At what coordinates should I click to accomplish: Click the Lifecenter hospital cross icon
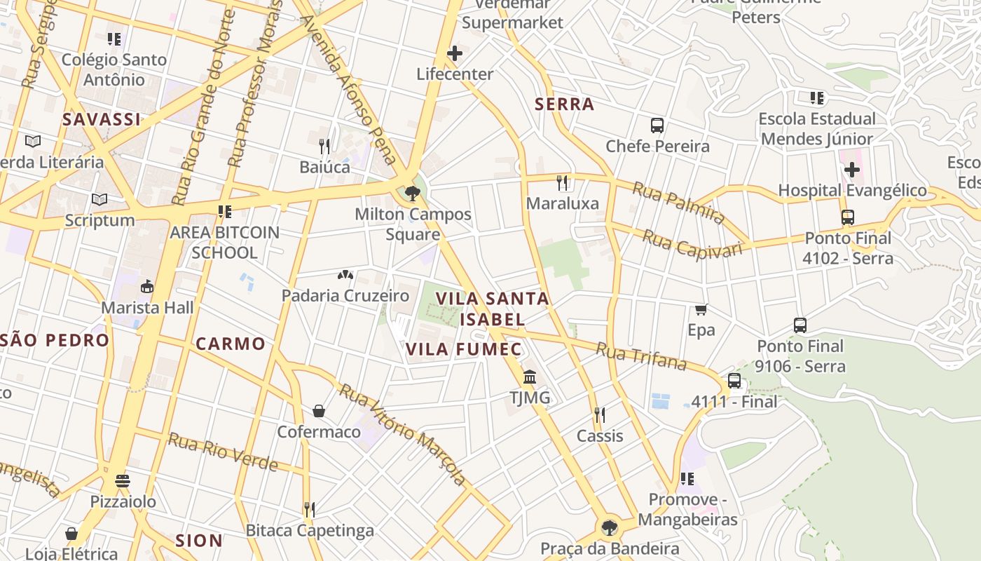pos(455,53)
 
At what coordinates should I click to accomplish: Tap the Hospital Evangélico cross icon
pos(852,170)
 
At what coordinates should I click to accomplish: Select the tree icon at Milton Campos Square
pos(413,193)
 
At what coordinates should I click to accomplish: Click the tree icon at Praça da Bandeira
pos(610,527)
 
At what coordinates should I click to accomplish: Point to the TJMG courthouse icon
pos(530,377)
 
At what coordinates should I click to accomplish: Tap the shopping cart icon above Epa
pos(701,309)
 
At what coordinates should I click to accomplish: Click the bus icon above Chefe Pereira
pos(657,126)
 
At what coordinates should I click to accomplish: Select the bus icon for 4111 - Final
pos(734,381)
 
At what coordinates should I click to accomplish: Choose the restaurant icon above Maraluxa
pos(562,183)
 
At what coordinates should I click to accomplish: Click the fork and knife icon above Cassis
pos(599,415)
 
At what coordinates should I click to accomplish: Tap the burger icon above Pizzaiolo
pos(123,481)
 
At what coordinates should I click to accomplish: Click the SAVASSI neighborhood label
pos(102,120)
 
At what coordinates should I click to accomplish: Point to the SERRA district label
pos(564,104)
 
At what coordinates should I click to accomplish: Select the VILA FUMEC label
pos(464,349)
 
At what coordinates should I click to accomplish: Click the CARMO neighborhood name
pos(231,344)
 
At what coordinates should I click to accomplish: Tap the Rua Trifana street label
pos(640,356)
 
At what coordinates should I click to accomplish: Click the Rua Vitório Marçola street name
pos(404,434)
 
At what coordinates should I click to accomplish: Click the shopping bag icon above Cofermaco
pos(319,411)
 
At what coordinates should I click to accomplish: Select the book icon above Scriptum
pos(100,200)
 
